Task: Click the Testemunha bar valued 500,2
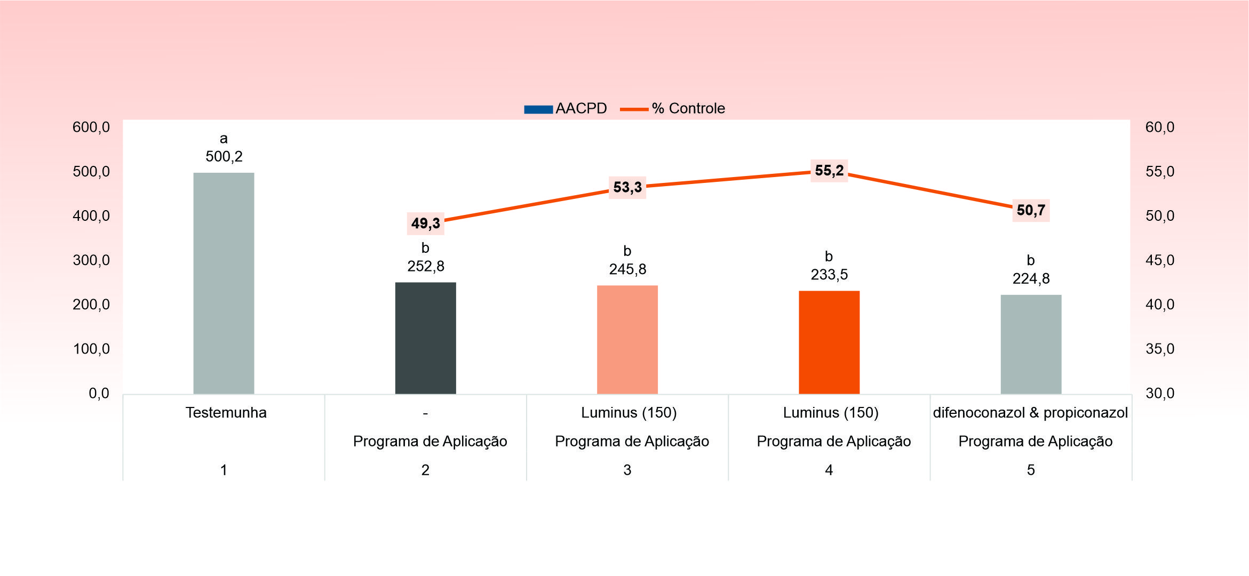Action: pyautogui.click(x=224, y=283)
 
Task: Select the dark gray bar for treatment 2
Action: pyautogui.click(x=425, y=338)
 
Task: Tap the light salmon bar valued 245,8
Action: pyautogui.click(x=627, y=340)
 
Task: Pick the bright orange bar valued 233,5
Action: pyautogui.click(x=829, y=342)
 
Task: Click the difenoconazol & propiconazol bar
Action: pyautogui.click(x=1030, y=345)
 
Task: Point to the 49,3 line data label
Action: pyautogui.click(x=425, y=223)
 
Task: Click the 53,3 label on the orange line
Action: pyautogui.click(x=627, y=187)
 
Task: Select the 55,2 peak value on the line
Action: pyautogui.click(x=829, y=171)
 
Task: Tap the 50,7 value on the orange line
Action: pyautogui.click(x=1030, y=210)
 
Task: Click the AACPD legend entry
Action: pyautogui.click(x=566, y=109)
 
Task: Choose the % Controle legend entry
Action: pyautogui.click(x=672, y=109)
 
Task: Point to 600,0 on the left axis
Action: pyautogui.click(x=91, y=127)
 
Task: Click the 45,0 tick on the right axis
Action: pyautogui.click(x=1159, y=260)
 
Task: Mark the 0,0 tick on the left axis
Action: pyautogui.click(x=99, y=394)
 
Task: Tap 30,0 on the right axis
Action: pyautogui.click(x=1159, y=394)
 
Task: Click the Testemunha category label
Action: pyautogui.click(x=226, y=413)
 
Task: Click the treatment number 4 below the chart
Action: pyautogui.click(x=829, y=470)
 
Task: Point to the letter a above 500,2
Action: pyautogui.click(x=224, y=139)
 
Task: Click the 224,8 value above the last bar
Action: pyautogui.click(x=1031, y=278)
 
